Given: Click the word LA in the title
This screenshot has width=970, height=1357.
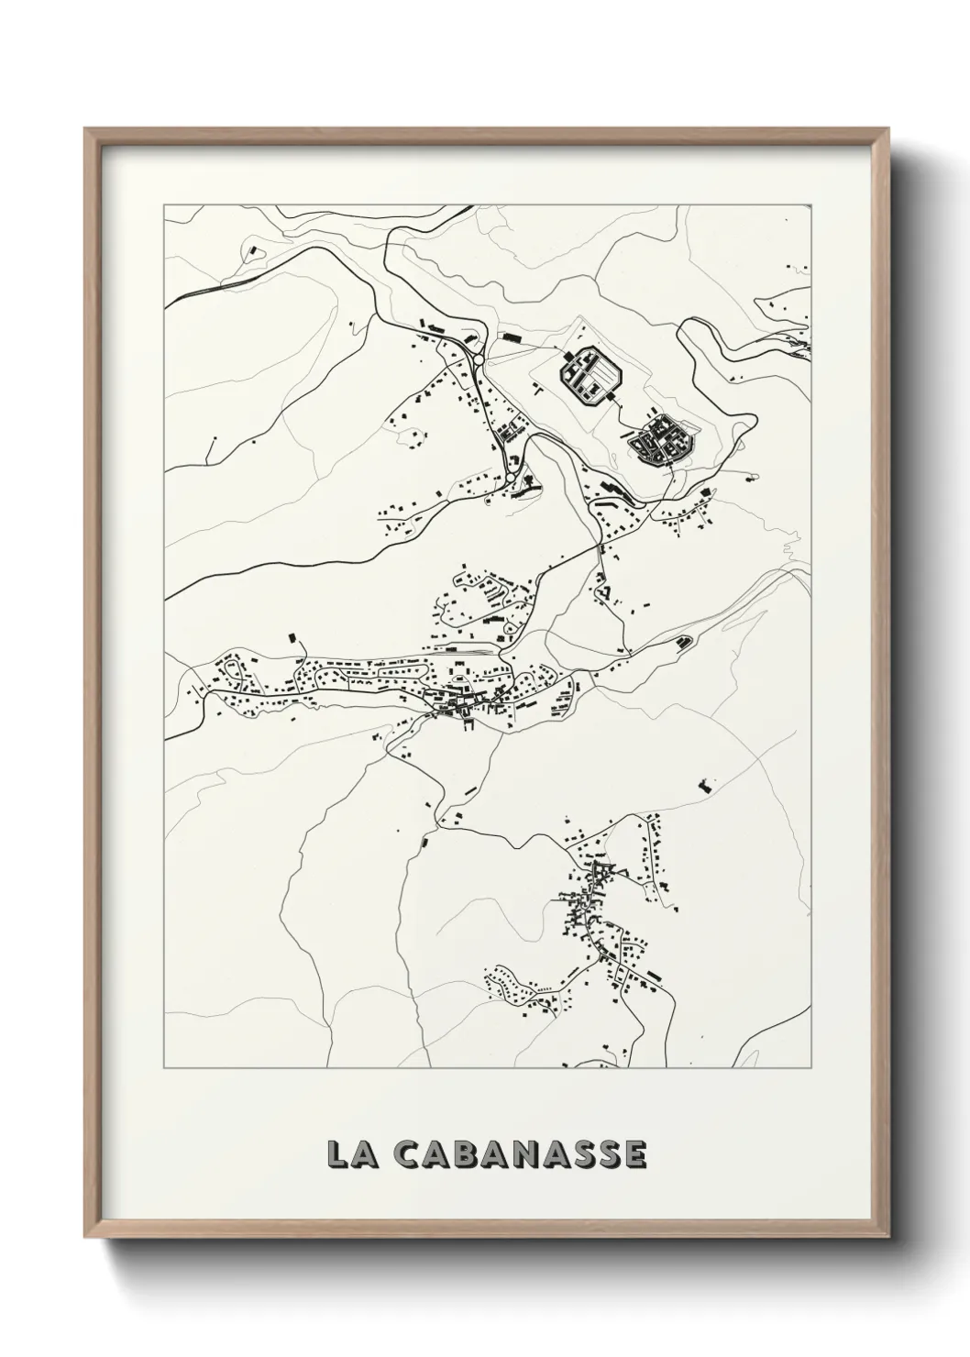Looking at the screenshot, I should (348, 1154).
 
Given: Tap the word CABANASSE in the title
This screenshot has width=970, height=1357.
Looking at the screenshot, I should (521, 1154).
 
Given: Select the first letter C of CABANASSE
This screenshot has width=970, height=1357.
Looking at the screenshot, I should (409, 1154).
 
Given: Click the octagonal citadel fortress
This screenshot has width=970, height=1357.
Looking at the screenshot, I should (591, 376).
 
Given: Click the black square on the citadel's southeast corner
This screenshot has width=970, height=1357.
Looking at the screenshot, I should (609, 396).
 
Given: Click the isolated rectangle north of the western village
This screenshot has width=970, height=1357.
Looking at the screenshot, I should (293, 635).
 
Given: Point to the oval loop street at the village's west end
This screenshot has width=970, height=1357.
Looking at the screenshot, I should (241, 665).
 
